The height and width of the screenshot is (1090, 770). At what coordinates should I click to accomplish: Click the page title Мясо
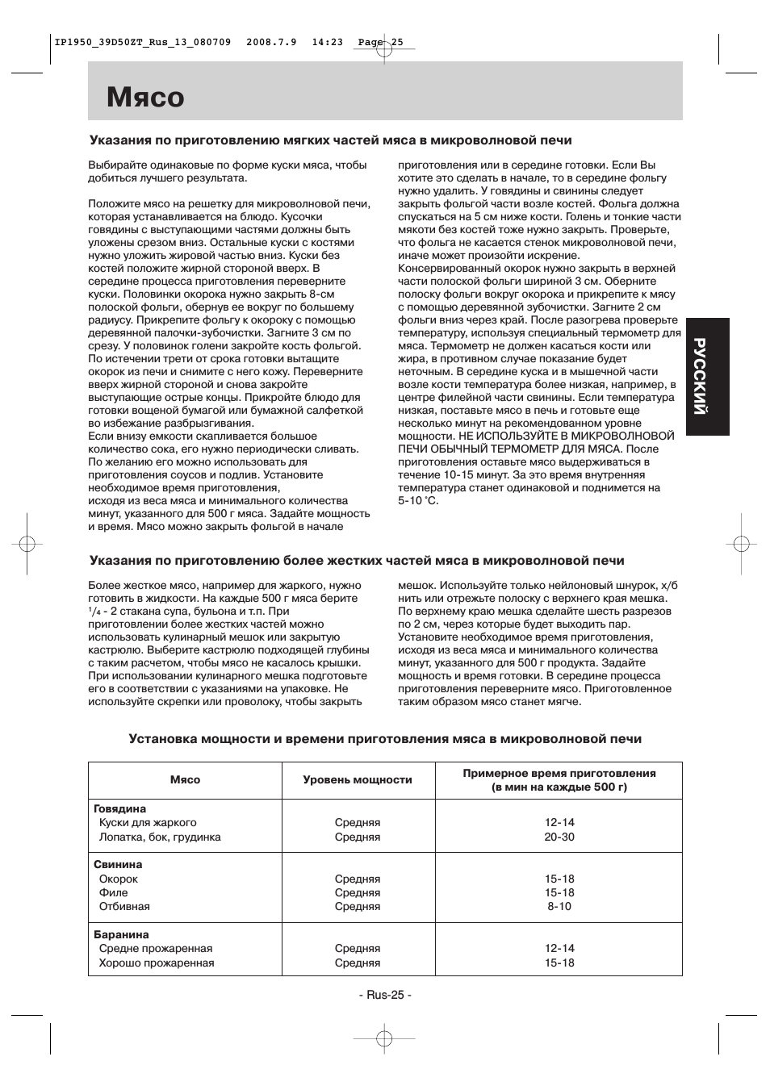[146, 98]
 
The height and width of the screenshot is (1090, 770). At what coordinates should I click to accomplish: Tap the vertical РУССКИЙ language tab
[707, 377]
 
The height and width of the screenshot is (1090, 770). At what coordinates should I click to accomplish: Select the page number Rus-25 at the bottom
[385, 995]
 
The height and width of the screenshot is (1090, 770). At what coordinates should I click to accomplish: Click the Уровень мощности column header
[358, 780]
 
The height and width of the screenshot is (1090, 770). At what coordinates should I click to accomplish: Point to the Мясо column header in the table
[185, 780]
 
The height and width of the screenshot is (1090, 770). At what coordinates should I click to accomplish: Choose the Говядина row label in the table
[120, 808]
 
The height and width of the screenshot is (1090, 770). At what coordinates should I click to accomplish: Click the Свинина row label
[118, 864]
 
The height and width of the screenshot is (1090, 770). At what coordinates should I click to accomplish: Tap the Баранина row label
[122, 934]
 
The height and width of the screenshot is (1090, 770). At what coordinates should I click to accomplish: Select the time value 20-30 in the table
[559, 837]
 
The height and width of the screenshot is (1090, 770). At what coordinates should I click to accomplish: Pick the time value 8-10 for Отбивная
[559, 906]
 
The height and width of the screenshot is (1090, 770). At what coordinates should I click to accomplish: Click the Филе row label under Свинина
[113, 892]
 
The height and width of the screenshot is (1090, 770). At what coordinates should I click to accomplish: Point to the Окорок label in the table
[119, 879]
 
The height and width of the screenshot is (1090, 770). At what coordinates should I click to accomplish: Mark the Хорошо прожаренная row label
[157, 963]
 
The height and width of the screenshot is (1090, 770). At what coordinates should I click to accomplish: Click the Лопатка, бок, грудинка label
[160, 837]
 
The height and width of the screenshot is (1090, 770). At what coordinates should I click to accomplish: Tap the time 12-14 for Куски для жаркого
[559, 823]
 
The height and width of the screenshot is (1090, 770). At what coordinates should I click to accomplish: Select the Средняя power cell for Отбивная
[358, 906]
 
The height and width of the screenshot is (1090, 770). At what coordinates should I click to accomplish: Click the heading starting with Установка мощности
[385, 738]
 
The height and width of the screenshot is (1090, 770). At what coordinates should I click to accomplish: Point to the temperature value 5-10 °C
[418, 501]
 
